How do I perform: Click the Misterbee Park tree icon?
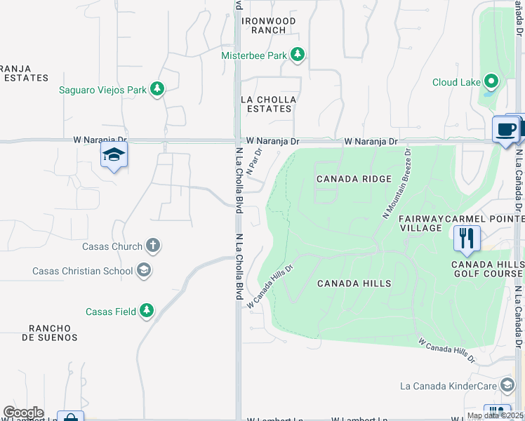coord(298,55)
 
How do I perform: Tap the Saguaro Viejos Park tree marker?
coord(158,89)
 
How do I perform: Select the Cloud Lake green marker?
coord(491,82)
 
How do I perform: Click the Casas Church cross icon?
coord(153,246)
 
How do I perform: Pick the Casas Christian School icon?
coord(143,271)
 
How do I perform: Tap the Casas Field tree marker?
coord(146,311)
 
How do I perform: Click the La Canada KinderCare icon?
coord(507,385)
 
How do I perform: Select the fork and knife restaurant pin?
coord(466,238)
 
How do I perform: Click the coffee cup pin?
coord(506,129)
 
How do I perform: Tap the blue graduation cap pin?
coord(114,155)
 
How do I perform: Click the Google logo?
coord(23,413)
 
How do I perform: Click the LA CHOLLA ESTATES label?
coord(269,105)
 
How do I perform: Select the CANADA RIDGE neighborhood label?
coord(354,179)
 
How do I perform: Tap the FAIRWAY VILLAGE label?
coord(421,223)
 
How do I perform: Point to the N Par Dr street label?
coord(254,161)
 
